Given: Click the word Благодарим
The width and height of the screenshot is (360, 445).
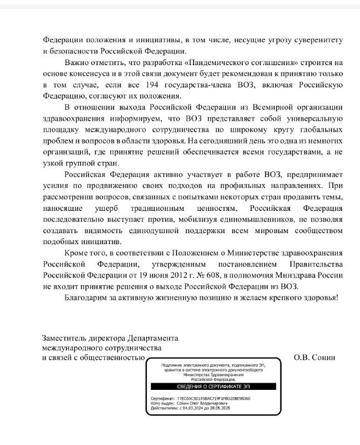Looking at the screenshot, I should pos(88,298).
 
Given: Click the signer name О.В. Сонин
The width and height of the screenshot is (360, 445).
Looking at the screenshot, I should pos(315,358).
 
